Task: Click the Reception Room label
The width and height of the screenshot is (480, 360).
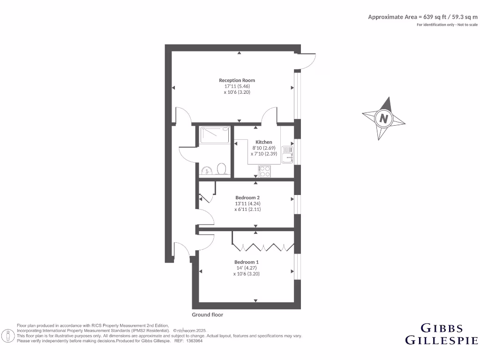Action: pos(237,80)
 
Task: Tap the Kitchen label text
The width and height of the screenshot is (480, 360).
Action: pos(263,142)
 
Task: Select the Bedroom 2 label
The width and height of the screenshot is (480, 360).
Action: pos(247,197)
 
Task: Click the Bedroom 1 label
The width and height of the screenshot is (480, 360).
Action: pos(246,262)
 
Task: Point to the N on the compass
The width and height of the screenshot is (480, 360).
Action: pos(384,119)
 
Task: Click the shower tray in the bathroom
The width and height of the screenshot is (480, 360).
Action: pos(215,135)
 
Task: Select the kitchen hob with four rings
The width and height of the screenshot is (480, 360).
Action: pos(264,172)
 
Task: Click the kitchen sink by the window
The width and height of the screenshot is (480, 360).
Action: pos(287,155)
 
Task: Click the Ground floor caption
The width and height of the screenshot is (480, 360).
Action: pos(207,315)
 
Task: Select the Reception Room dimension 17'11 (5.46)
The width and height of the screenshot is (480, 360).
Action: pos(237,86)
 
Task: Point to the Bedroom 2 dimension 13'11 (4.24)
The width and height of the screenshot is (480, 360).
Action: pos(247,203)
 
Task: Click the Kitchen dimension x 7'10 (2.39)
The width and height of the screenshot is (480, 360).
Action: pos(263,154)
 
